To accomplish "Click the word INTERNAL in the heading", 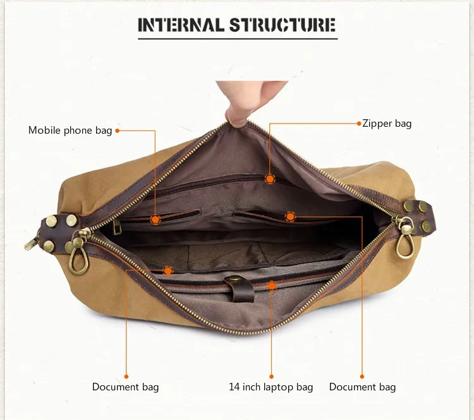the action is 181,25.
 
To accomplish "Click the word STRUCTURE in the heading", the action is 282,25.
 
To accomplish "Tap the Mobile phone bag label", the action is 70,131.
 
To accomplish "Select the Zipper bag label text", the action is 387,124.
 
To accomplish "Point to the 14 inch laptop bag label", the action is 270,387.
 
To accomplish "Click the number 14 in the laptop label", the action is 234,387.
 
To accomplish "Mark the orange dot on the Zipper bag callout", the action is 270,179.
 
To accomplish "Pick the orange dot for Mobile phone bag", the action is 155,219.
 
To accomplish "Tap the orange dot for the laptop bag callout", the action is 272,286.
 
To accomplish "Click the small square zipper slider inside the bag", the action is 118,228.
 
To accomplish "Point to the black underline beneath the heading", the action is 237,39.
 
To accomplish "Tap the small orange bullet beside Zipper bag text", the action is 358,124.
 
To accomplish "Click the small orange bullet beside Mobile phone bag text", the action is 117,131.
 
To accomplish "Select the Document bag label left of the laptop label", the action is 125,387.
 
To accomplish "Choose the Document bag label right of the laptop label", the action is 362,387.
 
